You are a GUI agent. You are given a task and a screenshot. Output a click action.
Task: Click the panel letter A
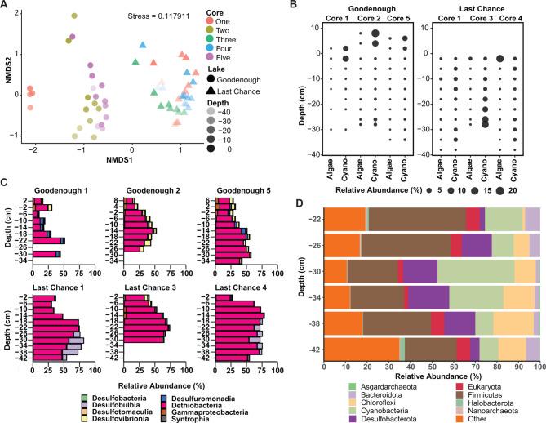(x=6, y=7)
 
